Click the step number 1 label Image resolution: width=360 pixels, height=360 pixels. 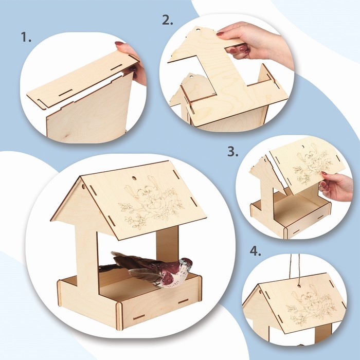click(x=26, y=37)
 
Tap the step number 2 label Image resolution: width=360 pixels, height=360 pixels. click(x=168, y=20)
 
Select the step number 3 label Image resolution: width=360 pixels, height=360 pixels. click(x=233, y=152)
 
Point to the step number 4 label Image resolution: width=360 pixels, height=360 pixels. click(x=255, y=251)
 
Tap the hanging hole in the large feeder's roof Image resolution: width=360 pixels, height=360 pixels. click(x=133, y=178)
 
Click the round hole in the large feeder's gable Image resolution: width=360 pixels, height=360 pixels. click(x=83, y=186)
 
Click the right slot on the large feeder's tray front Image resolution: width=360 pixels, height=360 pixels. click(x=183, y=301)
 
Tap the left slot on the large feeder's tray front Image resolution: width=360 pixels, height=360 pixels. click(x=139, y=317)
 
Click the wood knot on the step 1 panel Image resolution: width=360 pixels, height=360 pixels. click(x=66, y=137)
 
